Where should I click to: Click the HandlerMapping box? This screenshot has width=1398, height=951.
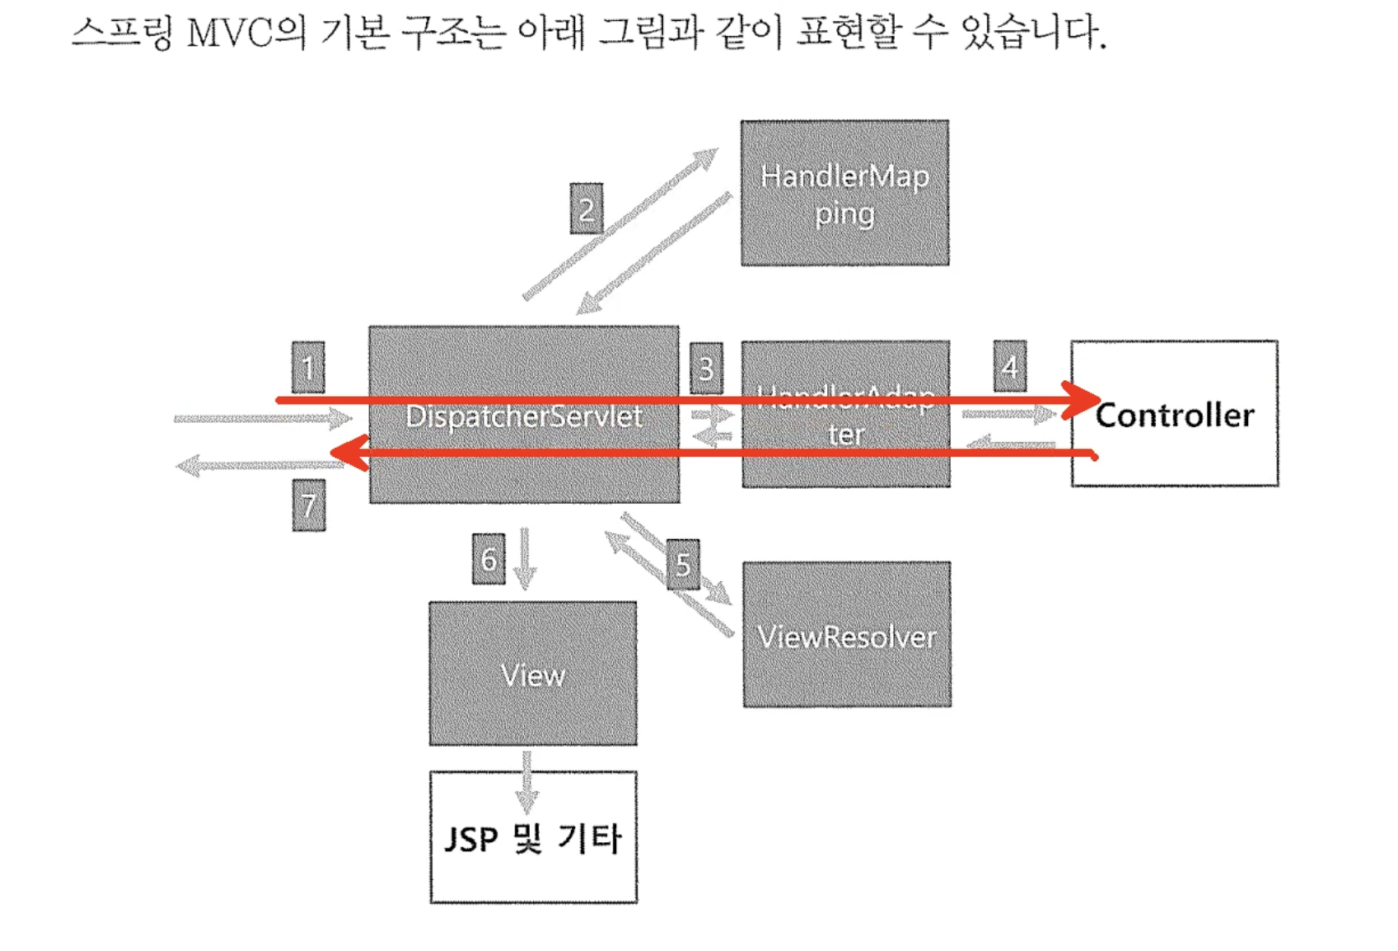(x=844, y=193)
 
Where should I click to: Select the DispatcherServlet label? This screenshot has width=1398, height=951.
(x=524, y=417)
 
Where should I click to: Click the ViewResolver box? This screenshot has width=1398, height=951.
(x=846, y=635)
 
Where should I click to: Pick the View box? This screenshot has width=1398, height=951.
(x=532, y=674)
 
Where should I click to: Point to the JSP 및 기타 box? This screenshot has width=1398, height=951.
(x=533, y=838)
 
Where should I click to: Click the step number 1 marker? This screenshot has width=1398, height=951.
(x=308, y=368)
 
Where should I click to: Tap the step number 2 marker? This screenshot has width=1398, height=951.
(x=586, y=208)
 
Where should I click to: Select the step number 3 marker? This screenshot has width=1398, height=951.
(x=706, y=368)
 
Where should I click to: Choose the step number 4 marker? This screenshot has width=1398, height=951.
(x=1010, y=367)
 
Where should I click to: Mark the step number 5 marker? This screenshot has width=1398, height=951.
(x=683, y=564)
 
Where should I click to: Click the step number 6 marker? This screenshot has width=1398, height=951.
(x=489, y=558)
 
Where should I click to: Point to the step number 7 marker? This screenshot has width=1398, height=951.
(x=308, y=506)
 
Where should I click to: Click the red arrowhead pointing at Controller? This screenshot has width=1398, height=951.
(x=1082, y=400)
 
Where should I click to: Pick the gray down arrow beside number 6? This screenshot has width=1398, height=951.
(x=525, y=559)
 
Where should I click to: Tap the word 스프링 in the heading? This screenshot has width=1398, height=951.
(x=122, y=33)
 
